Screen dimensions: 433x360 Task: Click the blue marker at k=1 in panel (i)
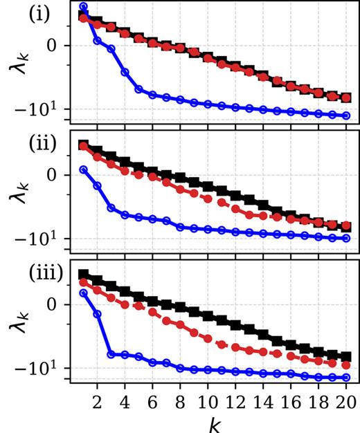(x=83, y=7)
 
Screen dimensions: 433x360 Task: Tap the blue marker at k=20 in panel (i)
(x=346, y=116)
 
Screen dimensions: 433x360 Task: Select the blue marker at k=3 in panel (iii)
(x=111, y=354)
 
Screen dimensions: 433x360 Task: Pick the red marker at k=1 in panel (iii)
(x=83, y=282)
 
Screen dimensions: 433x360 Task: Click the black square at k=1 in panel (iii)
(x=83, y=275)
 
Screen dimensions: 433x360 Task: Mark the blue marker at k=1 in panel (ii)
(x=83, y=169)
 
